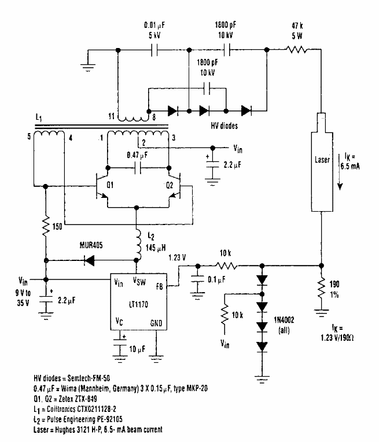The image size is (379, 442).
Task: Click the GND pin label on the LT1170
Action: coord(156,323)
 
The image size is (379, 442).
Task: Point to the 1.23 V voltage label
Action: coord(177,257)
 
